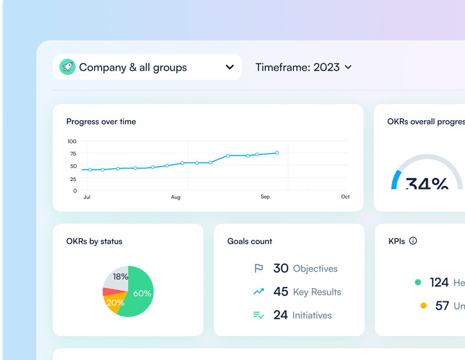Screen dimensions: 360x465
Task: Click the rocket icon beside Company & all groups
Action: [x=67, y=67]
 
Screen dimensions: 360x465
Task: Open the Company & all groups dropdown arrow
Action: [x=230, y=67]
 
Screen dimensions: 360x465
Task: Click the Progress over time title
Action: [x=101, y=121]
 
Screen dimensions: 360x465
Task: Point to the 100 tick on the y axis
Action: [x=71, y=142]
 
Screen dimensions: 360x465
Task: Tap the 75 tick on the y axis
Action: [x=73, y=154]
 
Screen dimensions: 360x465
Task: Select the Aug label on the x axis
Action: [x=176, y=197]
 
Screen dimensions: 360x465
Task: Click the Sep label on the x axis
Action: [x=265, y=197]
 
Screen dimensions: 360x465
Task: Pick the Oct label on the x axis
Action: [x=345, y=197]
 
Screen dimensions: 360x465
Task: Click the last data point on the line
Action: [x=277, y=153]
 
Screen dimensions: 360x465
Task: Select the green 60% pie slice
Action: [x=139, y=293]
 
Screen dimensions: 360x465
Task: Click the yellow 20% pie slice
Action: [x=115, y=302]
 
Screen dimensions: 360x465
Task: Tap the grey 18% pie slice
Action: [x=119, y=277]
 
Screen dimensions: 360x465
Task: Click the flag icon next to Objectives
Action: [x=259, y=268]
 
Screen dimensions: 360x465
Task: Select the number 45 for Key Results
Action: [x=281, y=291]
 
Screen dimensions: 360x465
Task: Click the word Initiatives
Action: [x=312, y=315]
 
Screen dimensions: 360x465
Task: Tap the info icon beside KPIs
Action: [x=413, y=241]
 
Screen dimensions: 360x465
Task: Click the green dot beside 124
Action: [x=417, y=282]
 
